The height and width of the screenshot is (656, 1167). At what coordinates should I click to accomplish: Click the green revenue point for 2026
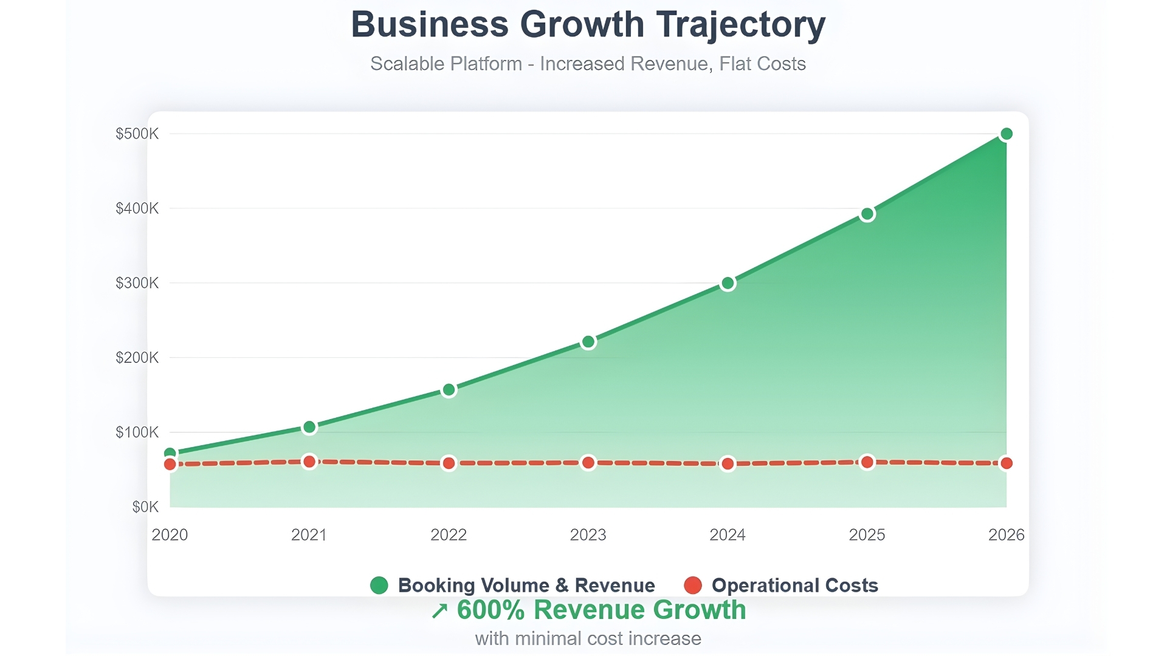(x=1006, y=134)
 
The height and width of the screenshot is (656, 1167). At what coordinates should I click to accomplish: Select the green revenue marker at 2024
(x=728, y=283)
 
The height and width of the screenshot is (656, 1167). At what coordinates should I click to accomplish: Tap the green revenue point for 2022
(x=449, y=390)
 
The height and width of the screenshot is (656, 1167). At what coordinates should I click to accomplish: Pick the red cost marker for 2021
(x=309, y=462)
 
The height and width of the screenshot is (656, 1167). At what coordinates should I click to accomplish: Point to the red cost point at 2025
(x=867, y=462)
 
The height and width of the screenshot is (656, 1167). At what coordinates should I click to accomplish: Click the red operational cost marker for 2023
(x=588, y=463)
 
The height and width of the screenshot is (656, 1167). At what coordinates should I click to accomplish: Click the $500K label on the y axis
(x=137, y=134)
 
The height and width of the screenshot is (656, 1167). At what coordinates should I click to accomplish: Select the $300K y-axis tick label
(x=137, y=283)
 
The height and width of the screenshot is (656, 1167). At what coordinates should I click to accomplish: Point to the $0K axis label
(x=145, y=507)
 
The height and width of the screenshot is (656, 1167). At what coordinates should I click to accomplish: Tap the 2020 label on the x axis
(x=170, y=535)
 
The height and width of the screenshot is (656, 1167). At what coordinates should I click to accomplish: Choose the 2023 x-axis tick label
(x=588, y=535)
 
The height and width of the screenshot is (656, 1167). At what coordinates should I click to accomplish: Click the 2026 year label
(x=1006, y=535)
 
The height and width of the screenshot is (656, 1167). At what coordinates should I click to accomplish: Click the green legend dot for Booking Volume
(x=379, y=586)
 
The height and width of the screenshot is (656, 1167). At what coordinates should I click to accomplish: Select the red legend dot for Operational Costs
(x=693, y=586)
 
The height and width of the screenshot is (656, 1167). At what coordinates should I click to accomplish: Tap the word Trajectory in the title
(x=740, y=26)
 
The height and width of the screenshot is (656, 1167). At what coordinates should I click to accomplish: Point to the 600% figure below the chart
(x=491, y=610)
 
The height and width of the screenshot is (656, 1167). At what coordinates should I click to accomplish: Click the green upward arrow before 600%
(x=439, y=611)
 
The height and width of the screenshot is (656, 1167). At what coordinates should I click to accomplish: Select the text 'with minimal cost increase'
(x=588, y=639)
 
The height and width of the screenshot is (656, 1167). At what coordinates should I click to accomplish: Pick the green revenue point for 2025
(x=867, y=214)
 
